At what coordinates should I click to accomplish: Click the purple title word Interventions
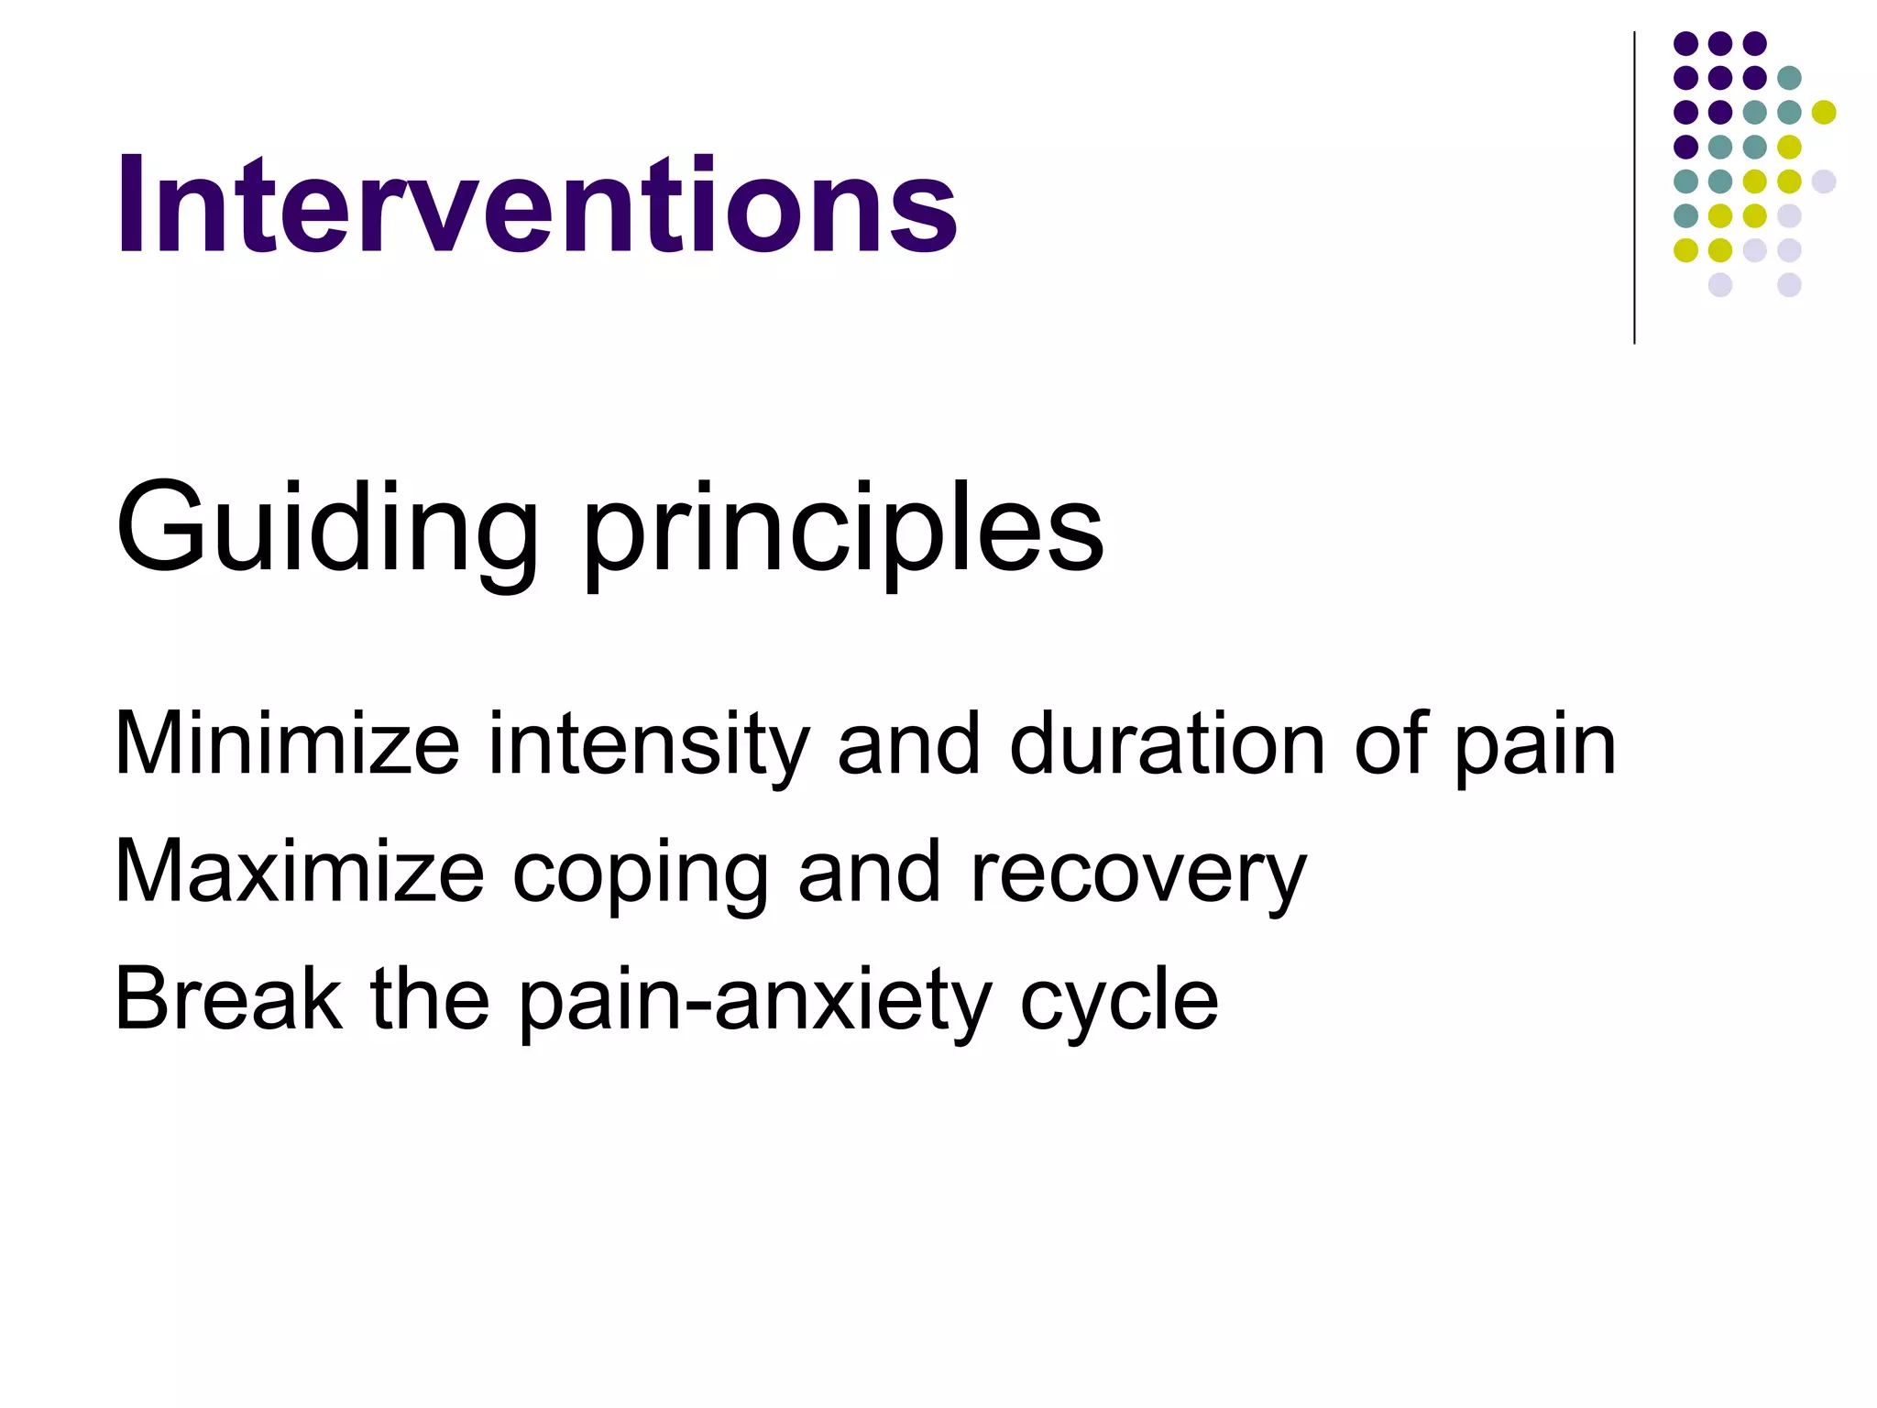pyautogui.click(x=536, y=205)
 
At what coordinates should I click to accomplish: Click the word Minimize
pyautogui.click(x=287, y=744)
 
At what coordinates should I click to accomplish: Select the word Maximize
pyautogui.click(x=299, y=872)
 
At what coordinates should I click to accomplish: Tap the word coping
pyautogui.click(x=640, y=875)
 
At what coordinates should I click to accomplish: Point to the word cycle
pyautogui.click(x=1119, y=1003)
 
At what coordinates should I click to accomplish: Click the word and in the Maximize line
pyautogui.click(x=869, y=872)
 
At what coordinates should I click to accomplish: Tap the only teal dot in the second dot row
pyautogui.click(x=1789, y=78)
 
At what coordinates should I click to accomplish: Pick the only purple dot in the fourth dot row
pyautogui.click(x=1685, y=147)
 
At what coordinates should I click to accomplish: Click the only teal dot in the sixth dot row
pyautogui.click(x=1685, y=215)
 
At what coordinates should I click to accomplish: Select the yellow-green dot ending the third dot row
pyautogui.click(x=1824, y=112)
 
